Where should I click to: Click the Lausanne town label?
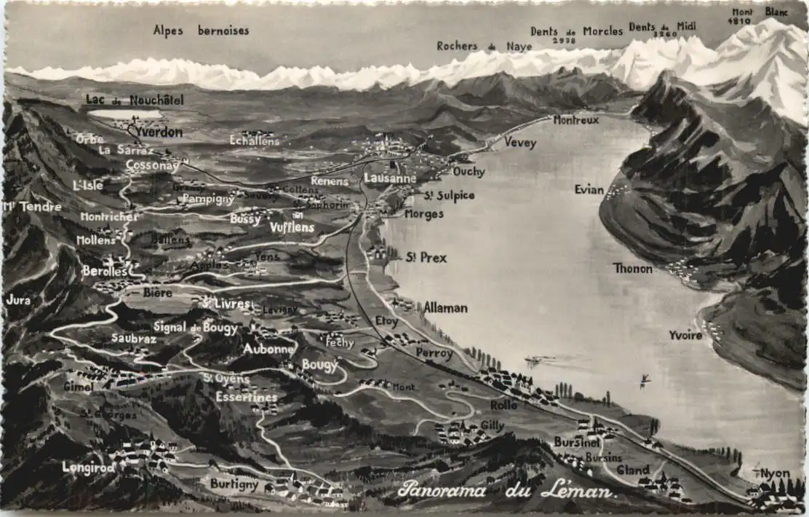pos(390,178)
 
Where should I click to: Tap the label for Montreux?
pos(575,120)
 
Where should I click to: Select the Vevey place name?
pos(519,143)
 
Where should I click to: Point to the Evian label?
pos(589,189)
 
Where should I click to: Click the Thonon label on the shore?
pos(632,268)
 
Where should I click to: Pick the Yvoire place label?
pos(685,335)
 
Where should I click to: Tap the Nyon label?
pos(774,473)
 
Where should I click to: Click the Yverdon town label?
pos(159,133)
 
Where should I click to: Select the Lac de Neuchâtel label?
pos(135,100)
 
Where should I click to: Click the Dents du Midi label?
pos(662,26)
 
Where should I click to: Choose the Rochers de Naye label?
pos(484,46)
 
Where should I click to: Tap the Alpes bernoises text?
pos(201,31)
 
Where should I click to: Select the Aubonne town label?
pos(268,349)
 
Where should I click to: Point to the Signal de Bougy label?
pos(195,328)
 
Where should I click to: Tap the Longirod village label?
pos(88,467)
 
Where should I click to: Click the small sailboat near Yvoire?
pos(645,379)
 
